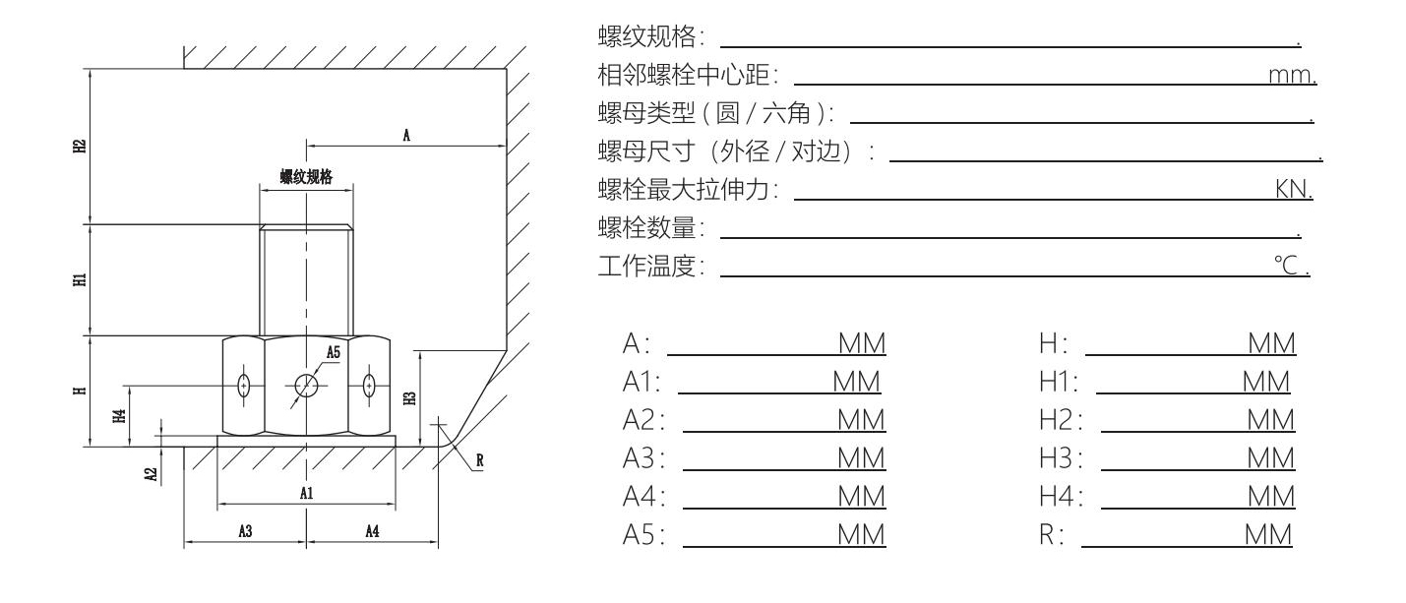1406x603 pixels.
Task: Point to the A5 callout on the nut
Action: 335,351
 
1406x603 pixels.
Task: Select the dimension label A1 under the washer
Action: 307,493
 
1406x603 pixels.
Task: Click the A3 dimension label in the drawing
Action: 246,531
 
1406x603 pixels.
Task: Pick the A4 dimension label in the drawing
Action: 373,531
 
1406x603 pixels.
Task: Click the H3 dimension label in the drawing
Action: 410,397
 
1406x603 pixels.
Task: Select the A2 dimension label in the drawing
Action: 151,473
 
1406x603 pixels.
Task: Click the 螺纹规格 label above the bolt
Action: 306,177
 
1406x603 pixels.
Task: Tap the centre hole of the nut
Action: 306,386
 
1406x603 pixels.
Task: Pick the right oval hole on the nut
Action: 369,386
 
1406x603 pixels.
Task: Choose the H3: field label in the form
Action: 1062,457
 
